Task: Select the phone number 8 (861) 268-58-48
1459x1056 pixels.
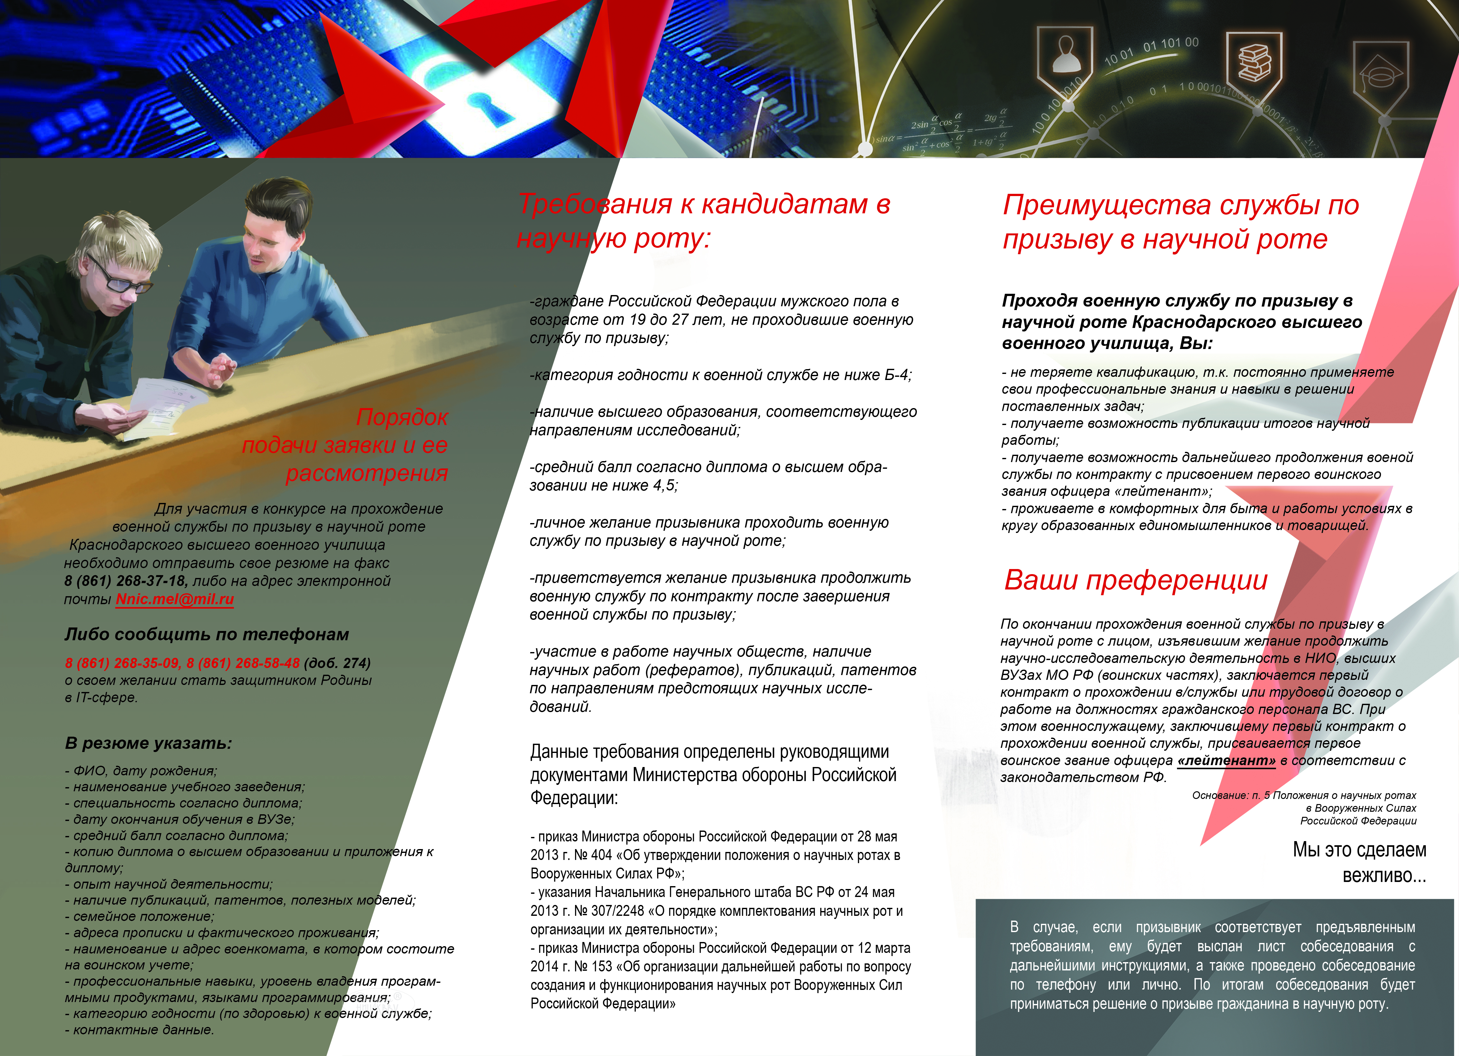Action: (243, 663)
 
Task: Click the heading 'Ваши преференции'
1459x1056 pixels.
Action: (1135, 580)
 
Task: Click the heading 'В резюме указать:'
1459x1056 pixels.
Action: (148, 743)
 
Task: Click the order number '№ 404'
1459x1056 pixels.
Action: (593, 855)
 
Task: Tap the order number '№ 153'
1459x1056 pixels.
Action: (593, 967)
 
